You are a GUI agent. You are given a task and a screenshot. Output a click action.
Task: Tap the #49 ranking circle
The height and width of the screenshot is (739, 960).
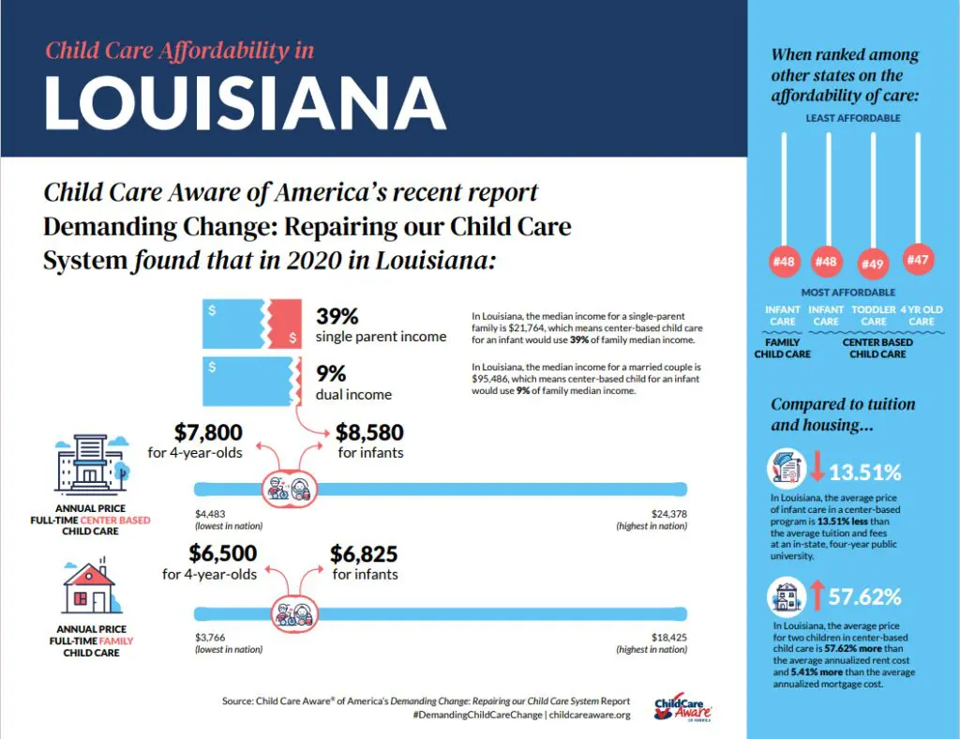coord(873,264)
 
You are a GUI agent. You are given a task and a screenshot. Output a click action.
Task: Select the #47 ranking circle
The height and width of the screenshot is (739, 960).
coord(918,259)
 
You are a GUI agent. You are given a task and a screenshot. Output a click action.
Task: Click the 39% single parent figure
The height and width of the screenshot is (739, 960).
coord(337,316)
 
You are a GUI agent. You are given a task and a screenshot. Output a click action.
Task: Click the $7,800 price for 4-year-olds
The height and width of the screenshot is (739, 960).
coord(208,432)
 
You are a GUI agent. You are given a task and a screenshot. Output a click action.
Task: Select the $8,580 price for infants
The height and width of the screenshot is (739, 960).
coord(369,432)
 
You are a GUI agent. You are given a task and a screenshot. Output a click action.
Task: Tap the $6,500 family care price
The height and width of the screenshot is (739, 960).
coord(222,553)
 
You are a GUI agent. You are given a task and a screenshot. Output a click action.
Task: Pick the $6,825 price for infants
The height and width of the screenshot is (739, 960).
coord(365,553)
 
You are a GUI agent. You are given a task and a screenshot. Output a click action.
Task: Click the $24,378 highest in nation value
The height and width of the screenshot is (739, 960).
coord(669,513)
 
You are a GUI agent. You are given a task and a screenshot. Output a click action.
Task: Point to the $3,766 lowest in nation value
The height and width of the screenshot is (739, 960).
coord(212,635)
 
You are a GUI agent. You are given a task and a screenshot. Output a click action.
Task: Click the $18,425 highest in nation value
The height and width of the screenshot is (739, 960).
coord(669,635)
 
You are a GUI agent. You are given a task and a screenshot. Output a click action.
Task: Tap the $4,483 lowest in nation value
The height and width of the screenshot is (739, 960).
coord(212,513)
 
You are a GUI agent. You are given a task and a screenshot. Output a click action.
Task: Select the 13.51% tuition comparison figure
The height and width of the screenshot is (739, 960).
coord(865,472)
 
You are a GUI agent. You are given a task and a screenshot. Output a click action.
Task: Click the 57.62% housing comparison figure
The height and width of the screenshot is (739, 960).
coord(864,596)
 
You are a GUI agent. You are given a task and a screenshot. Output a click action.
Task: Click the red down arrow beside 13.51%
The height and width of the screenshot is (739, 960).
coord(813,468)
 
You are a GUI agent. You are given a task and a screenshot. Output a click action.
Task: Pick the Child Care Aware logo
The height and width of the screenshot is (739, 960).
coord(687,708)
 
